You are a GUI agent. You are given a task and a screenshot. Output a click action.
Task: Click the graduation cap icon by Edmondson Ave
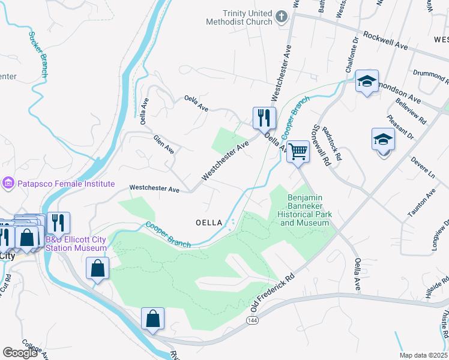click(x=366, y=82)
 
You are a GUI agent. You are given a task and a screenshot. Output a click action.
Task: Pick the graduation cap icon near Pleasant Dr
click(x=383, y=140)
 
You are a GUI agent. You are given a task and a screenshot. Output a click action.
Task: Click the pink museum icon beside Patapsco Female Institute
click(x=8, y=182)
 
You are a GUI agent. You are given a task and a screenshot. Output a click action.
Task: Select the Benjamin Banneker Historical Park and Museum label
click(x=304, y=210)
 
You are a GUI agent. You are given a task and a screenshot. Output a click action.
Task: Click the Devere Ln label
click(x=423, y=168)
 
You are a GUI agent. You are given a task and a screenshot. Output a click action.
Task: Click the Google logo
click(x=20, y=353)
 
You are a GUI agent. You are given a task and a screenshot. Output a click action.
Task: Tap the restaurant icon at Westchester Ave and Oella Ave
click(x=264, y=118)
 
